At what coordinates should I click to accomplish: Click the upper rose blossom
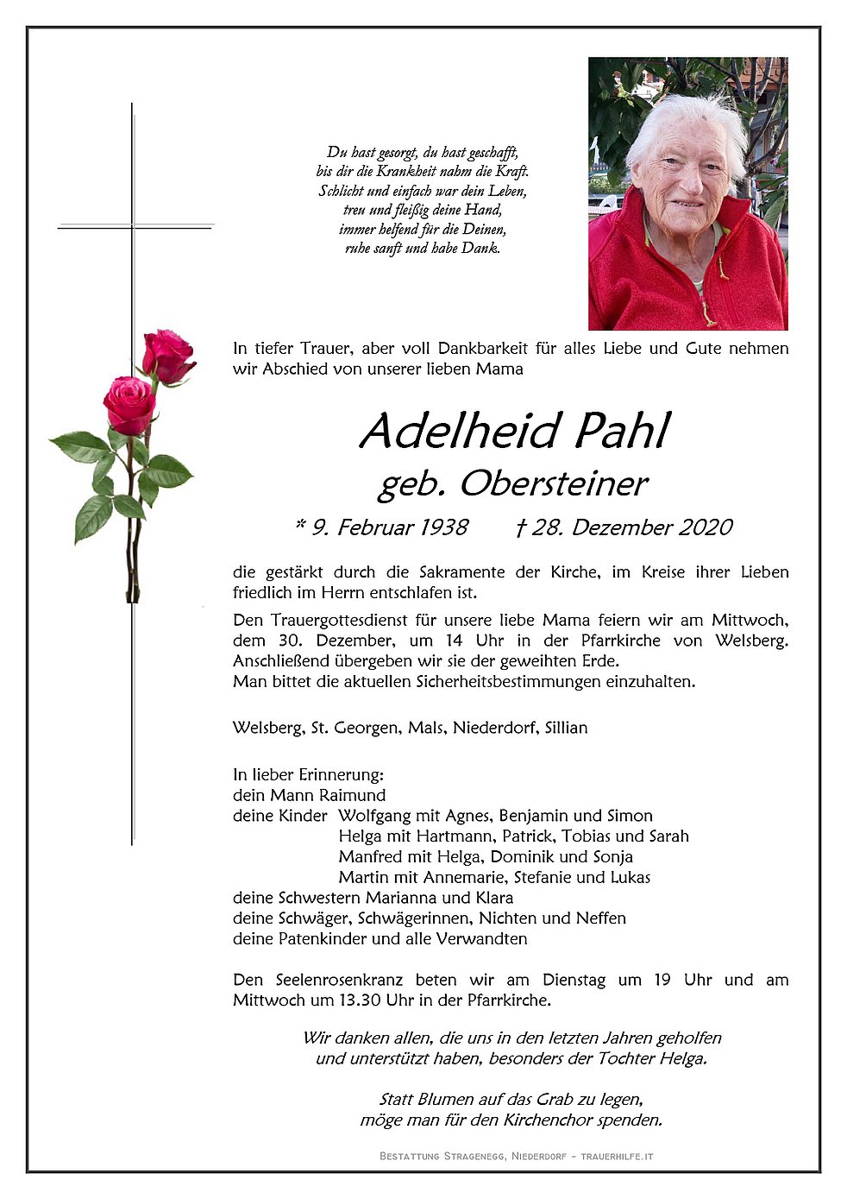[x=167, y=356]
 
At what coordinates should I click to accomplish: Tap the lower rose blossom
[x=129, y=404]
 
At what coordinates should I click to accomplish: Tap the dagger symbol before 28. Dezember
[x=520, y=527]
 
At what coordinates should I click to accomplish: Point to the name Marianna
[x=421, y=898]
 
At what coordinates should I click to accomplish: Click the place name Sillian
[x=565, y=728]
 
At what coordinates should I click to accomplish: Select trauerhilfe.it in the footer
[x=617, y=1156]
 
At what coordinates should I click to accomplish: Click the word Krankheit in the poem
[x=405, y=172]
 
